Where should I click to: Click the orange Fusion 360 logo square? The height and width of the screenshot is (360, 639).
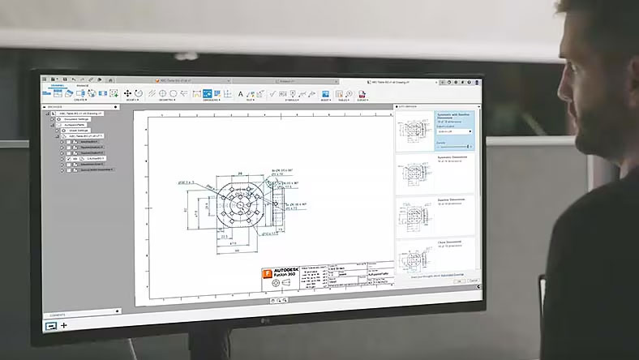pyautogui.click(x=267, y=275)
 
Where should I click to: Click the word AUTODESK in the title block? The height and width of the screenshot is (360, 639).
pyautogui.click(x=286, y=270)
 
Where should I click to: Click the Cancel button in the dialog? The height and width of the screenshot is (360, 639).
pyautogui.click(x=474, y=280)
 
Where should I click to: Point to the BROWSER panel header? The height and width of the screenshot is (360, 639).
pyautogui.click(x=56, y=106)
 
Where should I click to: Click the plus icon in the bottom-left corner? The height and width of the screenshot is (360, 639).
pyautogui.click(x=64, y=325)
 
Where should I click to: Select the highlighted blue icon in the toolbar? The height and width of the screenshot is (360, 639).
pyautogui.click(x=208, y=94)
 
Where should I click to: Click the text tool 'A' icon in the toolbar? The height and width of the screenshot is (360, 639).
pyautogui.click(x=240, y=95)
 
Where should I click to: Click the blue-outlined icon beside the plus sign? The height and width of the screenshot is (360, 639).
pyautogui.click(x=50, y=325)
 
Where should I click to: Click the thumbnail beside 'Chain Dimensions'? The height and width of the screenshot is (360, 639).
pyautogui.click(x=416, y=253)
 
